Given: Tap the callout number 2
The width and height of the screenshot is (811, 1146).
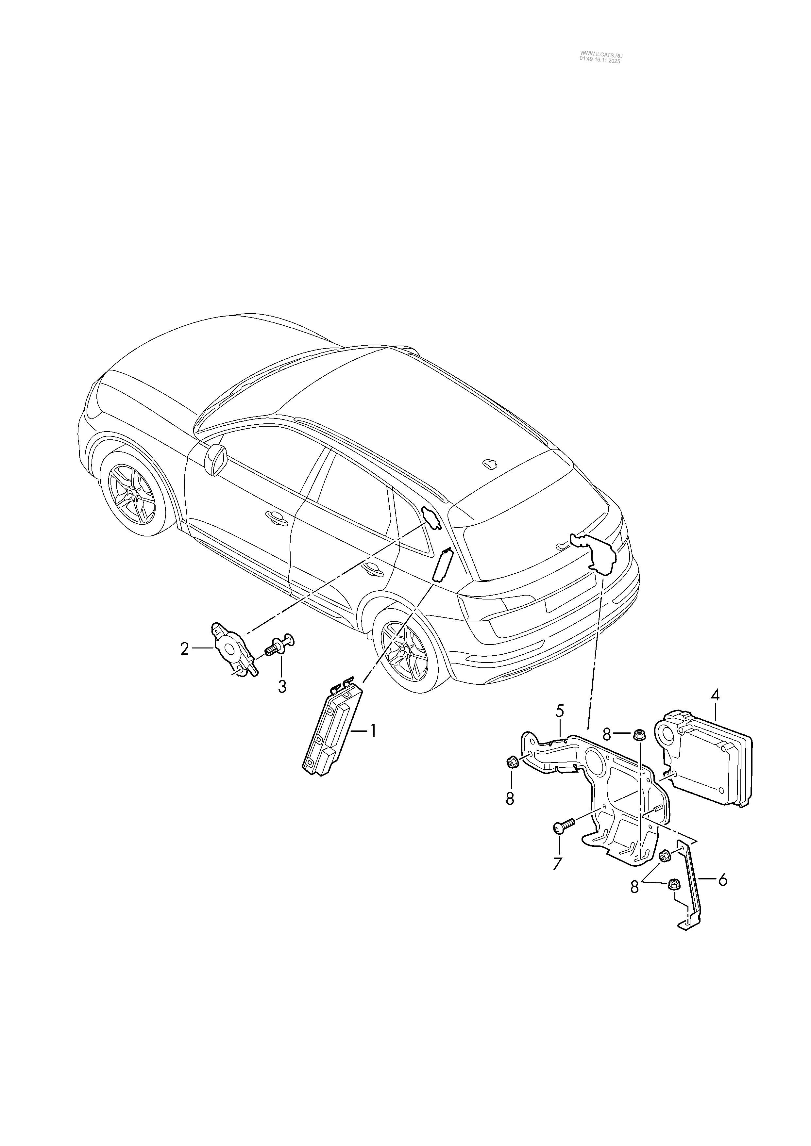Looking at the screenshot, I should tap(185, 649).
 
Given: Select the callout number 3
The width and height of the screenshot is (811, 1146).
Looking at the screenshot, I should tap(282, 686).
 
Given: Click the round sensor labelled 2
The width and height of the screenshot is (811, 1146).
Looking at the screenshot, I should tap(231, 649).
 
